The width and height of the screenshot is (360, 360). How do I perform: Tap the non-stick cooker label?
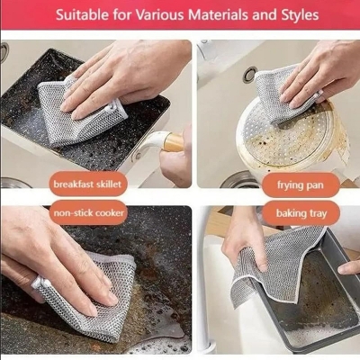(89, 213)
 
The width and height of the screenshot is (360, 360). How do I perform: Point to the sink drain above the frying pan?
(249, 75)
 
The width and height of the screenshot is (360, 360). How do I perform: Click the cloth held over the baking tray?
(274, 261)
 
